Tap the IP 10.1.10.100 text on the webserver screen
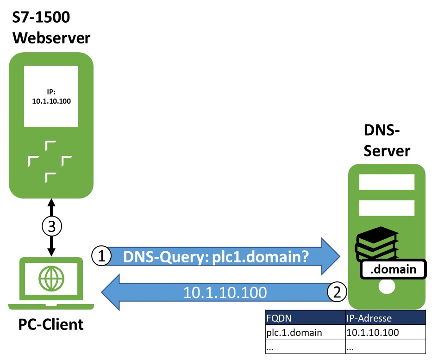[x=51, y=97]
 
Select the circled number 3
[x=51, y=226]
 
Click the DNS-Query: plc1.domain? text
[x=216, y=256]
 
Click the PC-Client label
[x=51, y=324]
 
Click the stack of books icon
[x=376, y=244]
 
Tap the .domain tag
[x=394, y=269]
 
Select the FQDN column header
[x=305, y=318]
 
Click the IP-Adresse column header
[x=385, y=318]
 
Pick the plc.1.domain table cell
[x=305, y=332]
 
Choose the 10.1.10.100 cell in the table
[x=385, y=332]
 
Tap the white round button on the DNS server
[x=387, y=288]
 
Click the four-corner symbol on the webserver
[x=51, y=161]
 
